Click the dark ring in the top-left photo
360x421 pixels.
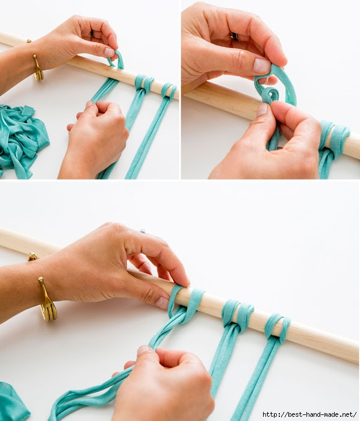click(92, 33)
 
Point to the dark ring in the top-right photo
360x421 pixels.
click(235, 36)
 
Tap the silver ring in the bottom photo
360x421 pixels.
click(142, 231)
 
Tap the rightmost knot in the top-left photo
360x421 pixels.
click(169, 92)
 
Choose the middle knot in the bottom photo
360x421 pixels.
click(238, 316)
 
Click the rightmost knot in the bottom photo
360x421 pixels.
click(278, 328)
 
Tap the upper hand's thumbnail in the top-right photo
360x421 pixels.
click(262, 66)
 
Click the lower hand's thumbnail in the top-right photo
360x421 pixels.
click(262, 110)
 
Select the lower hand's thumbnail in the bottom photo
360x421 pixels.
click(143, 350)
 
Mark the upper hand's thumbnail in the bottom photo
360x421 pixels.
click(162, 303)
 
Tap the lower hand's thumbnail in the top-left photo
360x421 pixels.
click(89, 104)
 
